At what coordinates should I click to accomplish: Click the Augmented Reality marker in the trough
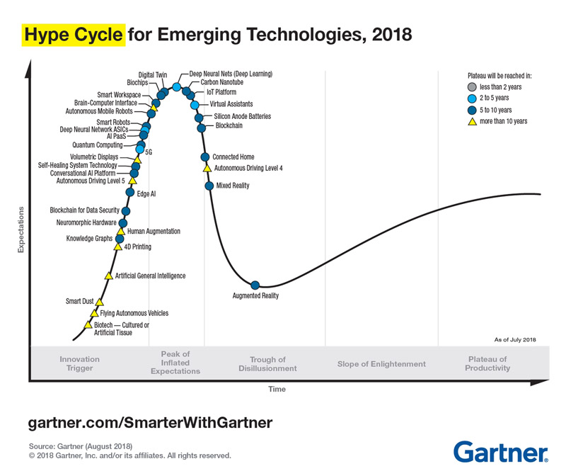pos(255,285)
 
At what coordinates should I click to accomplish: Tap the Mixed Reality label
pos(233,186)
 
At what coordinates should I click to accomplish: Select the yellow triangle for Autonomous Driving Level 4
pos(207,168)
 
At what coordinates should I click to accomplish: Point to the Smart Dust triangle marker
pos(99,302)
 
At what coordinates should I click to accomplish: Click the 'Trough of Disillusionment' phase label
pos(267,364)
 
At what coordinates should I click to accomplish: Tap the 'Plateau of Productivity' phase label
pos(487,364)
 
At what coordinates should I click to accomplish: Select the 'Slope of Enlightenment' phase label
pos(381,364)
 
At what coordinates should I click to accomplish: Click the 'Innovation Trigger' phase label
pos(79,364)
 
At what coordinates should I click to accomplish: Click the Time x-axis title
pos(277,389)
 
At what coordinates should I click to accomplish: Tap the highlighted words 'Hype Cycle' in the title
pos(74,34)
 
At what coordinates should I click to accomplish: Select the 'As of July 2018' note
pos(515,340)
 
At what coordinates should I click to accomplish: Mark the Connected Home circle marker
pos(204,157)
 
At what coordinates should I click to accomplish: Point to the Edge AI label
pos(146,193)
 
